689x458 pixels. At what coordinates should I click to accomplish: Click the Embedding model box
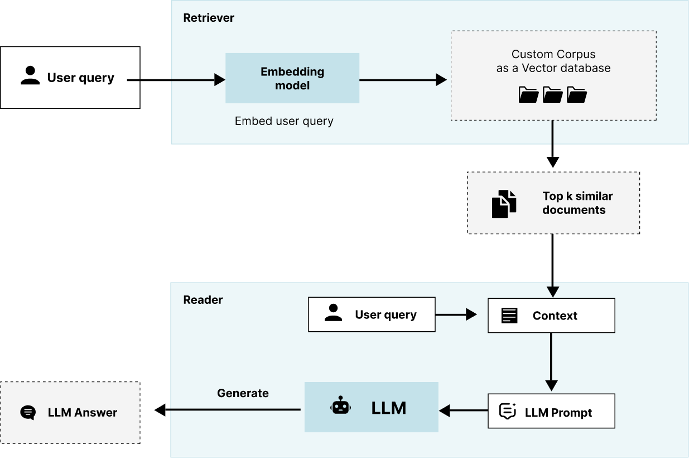pyautogui.click(x=292, y=78)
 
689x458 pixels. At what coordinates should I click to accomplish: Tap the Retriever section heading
pyautogui.click(x=209, y=18)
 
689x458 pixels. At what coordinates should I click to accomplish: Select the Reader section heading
pyautogui.click(x=203, y=300)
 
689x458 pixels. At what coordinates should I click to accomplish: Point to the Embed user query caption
pyautogui.click(x=284, y=121)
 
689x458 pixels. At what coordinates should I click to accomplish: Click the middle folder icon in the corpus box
pyautogui.click(x=552, y=95)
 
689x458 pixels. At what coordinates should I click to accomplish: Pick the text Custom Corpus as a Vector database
pyautogui.click(x=553, y=61)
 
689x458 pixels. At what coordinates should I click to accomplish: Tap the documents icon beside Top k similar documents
pyautogui.click(x=504, y=203)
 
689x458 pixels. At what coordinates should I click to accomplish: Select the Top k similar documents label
pyautogui.click(x=577, y=203)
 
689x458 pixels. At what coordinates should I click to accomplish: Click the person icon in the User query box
pyautogui.click(x=333, y=313)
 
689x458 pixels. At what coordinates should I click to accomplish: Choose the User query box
pyautogui.click(x=372, y=314)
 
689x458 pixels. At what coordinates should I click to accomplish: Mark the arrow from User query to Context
pyautogui.click(x=455, y=314)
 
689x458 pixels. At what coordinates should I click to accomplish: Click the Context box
pyautogui.click(x=551, y=316)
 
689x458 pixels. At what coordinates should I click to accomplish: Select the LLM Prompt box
pyautogui.click(x=551, y=411)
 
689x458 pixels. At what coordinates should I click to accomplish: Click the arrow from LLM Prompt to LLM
pyautogui.click(x=463, y=411)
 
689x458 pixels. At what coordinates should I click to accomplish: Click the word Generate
pyautogui.click(x=243, y=393)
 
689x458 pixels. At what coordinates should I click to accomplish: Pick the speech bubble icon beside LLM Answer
pyautogui.click(x=28, y=413)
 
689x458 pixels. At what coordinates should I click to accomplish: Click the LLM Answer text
pyautogui.click(x=83, y=413)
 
